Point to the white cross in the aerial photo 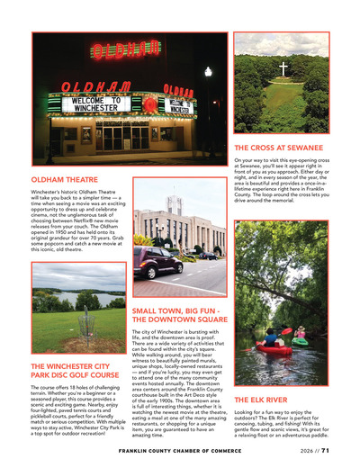click(x=283, y=68)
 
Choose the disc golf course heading click(x=75, y=372)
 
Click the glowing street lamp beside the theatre click(x=209, y=70)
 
